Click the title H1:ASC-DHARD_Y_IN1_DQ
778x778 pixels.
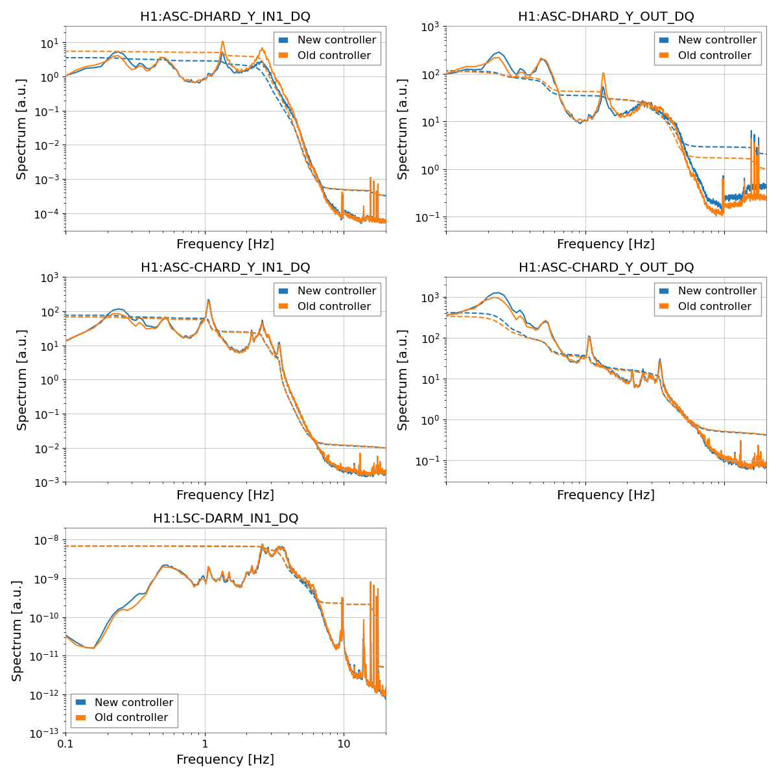[x=225, y=17]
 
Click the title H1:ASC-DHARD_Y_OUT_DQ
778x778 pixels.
[x=606, y=17]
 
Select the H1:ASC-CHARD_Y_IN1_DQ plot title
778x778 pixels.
[x=225, y=268]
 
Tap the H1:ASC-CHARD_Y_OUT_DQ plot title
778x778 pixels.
[x=606, y=268]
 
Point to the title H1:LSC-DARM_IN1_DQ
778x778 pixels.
[x=225, y=519]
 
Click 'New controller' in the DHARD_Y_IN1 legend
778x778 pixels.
[x=336, y=40]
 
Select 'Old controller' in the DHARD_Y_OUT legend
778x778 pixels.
[x=716, y=56]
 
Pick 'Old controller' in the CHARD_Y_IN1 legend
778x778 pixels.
[x=336, y=307]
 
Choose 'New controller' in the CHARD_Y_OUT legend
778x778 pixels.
[x=716, y=291]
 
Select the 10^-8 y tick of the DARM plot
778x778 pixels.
[x=47, y=540]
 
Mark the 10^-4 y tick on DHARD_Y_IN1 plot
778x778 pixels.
[x=47, y=214]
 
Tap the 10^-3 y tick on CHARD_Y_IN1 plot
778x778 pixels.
[x=47, y=482]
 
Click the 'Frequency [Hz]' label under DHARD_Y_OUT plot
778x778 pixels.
[x=606, y=244]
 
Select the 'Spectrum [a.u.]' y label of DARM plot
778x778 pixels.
[x=18, y=630]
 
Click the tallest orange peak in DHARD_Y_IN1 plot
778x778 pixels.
[x=222, y=42]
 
